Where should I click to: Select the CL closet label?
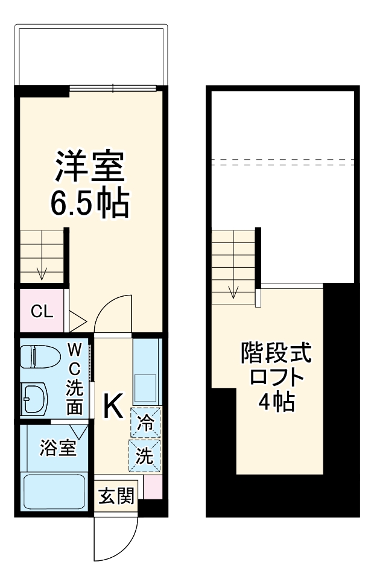(42, 312)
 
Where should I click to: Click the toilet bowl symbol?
(36, 357)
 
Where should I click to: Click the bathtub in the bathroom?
(53, 492)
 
